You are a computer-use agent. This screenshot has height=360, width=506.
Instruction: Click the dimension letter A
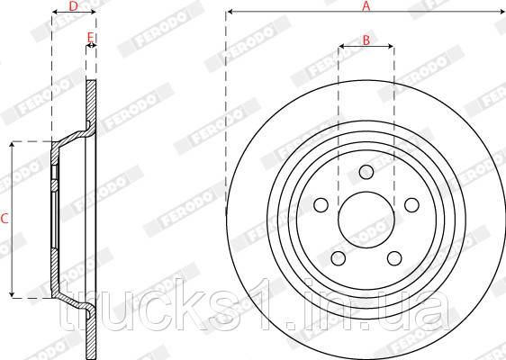pos(366,5)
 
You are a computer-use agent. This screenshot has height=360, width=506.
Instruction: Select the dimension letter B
pos(366,39)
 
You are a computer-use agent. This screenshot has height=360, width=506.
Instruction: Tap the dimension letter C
pos(5,219)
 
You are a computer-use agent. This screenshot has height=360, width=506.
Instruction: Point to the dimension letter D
pos(74,5)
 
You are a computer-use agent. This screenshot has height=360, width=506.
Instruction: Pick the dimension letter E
pos(91,37)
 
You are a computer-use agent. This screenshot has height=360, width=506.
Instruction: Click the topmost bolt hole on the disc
pos(366,173)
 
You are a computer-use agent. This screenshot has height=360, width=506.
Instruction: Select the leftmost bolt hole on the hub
pos(321,206)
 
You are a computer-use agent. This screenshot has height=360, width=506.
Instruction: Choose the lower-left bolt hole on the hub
pos(338,258)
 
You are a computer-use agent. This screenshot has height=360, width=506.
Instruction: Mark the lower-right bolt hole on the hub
pos(393,258)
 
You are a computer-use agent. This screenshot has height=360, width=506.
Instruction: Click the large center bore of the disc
pos(366,220)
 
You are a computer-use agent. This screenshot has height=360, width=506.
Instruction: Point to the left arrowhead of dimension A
pos(230,13)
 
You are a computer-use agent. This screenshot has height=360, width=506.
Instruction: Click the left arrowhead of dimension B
pos(340,47)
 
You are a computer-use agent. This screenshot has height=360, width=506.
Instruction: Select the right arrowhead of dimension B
pos(391,47)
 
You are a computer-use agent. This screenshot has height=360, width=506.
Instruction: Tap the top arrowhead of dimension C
pos(13,145)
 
